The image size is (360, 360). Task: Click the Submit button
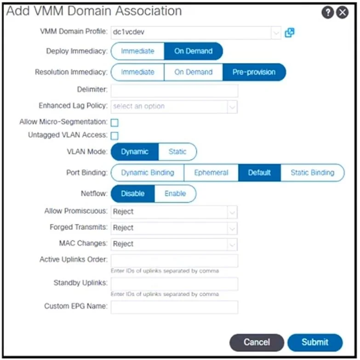coord(315,343)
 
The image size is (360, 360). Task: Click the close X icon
coord(343,12)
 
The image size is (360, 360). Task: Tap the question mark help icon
coord(328,12)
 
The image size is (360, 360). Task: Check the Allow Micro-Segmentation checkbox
coord(114,123)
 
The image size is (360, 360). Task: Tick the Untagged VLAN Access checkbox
coord(114,136)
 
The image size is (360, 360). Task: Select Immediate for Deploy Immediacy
coord(137,51)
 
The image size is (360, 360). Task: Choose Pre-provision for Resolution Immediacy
coord(254,72)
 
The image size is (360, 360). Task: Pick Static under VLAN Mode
coord(177,152)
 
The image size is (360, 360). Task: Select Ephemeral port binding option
coord(211,173)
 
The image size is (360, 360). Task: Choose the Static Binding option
coord(313,173)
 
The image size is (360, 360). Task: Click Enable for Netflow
coord(175,194)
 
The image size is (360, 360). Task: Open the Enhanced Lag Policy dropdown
coord(174,107)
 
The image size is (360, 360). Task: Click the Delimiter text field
coord(174,91)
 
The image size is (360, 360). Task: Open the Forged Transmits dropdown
coord(174,228)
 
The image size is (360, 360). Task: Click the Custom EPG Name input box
coord(174,307)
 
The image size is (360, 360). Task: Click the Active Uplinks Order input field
coord(174,261)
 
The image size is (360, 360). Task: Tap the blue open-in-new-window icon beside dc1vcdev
coord(290,33)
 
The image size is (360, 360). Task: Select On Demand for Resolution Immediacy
coord(193,72)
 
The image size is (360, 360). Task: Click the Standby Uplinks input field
coord(174,284)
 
